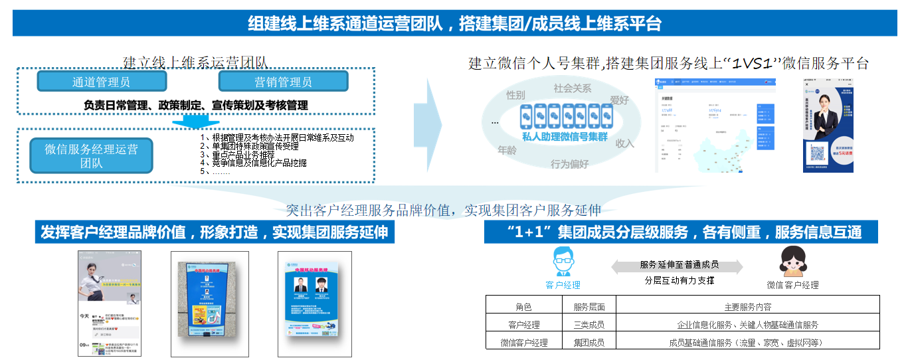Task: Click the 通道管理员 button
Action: (102, 82)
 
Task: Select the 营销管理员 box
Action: (283, 82)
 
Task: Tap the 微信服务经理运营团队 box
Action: (92, 156)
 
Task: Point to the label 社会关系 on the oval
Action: (572, 88)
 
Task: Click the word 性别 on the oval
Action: (515, 95)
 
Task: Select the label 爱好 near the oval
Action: (619, 100)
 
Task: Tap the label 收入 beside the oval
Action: (625, 143)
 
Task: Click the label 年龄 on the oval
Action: (507, 150)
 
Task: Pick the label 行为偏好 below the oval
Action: (569, 164)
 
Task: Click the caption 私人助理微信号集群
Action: (565, 136)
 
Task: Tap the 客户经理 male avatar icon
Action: (563, 262)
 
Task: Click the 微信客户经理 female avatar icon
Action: (792, 262)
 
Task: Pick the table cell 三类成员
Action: (589, 325)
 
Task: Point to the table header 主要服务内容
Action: (747, 307)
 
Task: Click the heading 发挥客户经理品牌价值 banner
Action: (214, 232)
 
